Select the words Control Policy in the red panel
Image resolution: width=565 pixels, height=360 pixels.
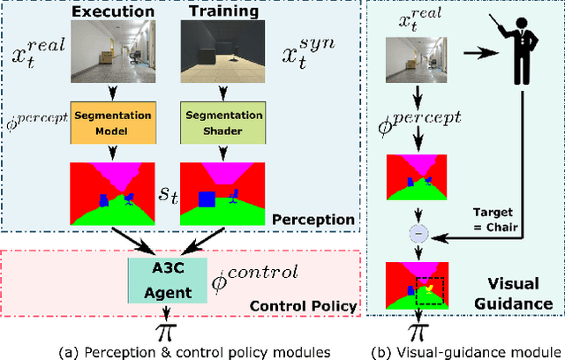[x=305, y=306]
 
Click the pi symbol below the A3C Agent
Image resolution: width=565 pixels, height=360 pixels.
[x=163, y=331]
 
